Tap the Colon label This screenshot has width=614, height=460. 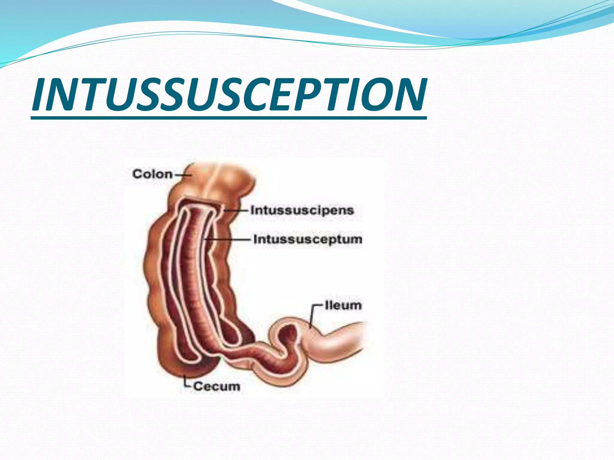(152, 174)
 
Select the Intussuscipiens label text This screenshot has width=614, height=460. (302, 210)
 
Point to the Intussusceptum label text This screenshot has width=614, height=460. (308, 239)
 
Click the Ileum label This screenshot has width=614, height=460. (343, 305)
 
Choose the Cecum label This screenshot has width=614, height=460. (216, 386)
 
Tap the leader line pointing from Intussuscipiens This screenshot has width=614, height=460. (237, 211)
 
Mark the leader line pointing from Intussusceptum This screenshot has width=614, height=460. (228, 239)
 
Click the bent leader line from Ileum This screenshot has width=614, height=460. (313, 314)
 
